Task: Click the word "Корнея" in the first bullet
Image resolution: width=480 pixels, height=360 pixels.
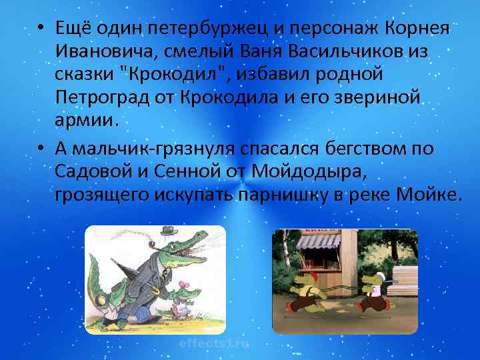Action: coord(417,30)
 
